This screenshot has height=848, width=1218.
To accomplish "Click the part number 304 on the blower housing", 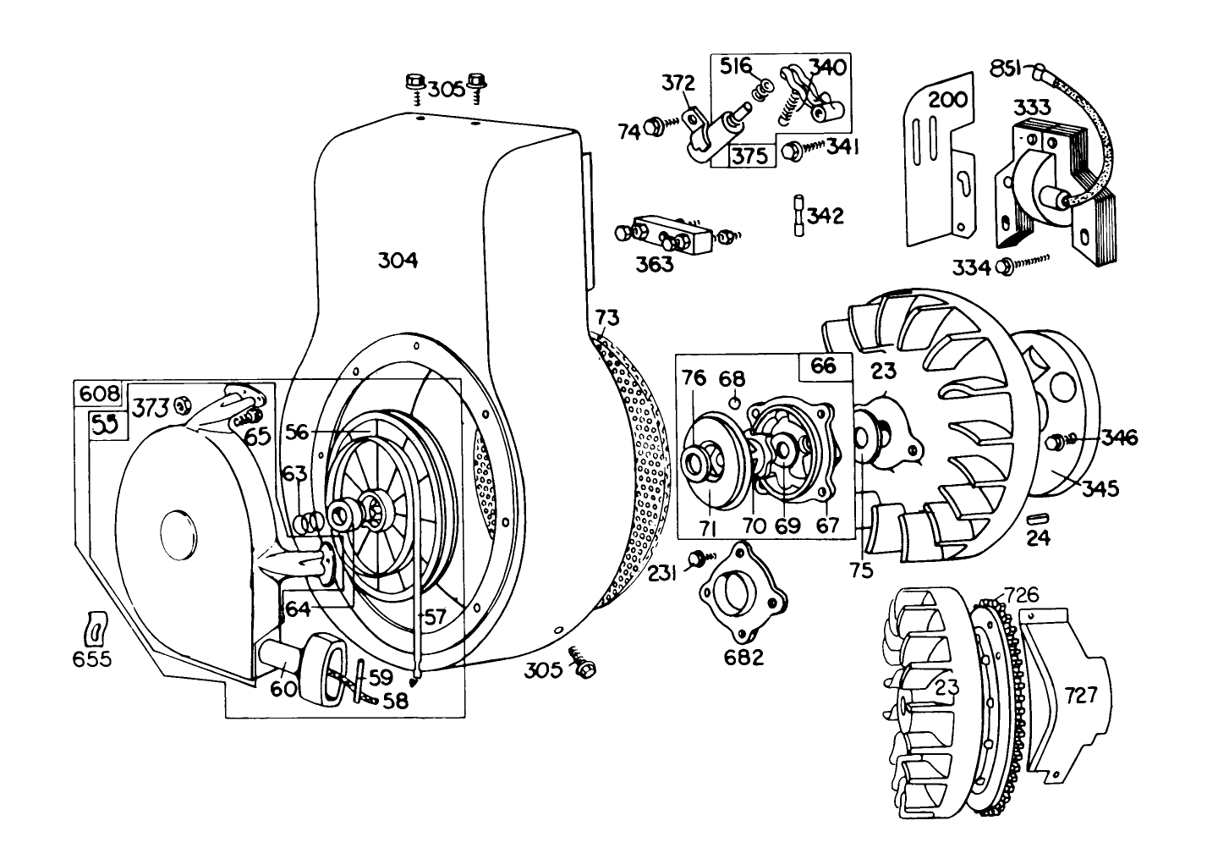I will click(x=398, y=262).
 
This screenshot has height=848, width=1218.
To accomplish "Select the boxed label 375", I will click(x=749, y=156).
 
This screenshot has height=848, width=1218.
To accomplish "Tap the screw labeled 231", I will click(x=698, y=558).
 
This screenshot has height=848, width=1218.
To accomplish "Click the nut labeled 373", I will click(x=180, y=406).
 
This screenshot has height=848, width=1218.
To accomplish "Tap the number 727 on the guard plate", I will click(x=1081, y=696).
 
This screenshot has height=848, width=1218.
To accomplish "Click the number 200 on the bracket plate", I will click(x=947, y=99).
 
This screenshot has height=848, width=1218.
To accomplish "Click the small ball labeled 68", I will click(x=736, y=401).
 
